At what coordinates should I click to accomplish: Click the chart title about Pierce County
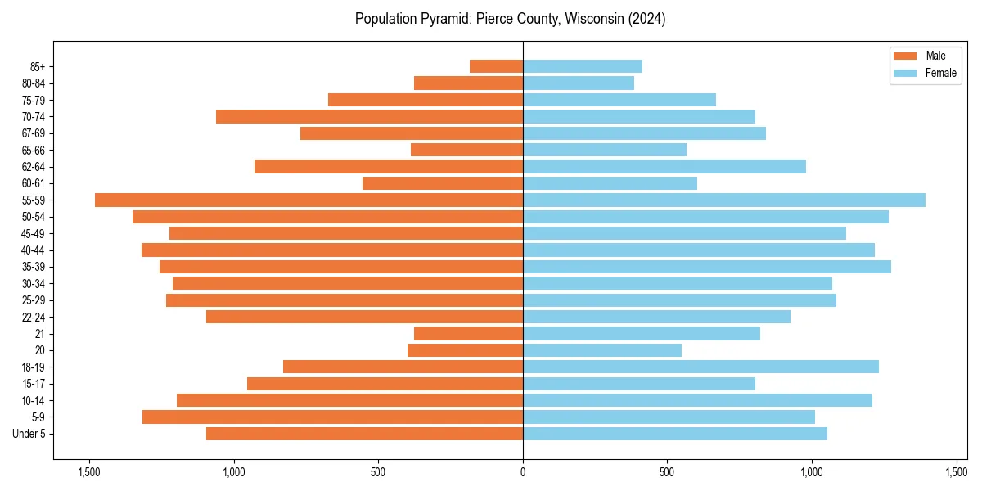510,19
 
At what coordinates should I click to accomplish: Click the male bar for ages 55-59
309,200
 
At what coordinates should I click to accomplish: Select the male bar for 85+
496,66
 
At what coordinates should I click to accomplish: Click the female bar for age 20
602,350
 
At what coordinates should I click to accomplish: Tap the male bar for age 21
468,333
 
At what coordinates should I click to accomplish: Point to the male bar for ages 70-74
369,116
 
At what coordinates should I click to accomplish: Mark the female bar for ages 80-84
579,83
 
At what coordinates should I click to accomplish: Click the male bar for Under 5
364,434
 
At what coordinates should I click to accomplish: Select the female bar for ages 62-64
664,166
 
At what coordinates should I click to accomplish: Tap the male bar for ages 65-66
466,150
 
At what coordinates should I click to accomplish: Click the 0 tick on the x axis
523,472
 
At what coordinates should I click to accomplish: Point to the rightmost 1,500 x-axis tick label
957,472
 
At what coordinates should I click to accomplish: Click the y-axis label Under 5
29,434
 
